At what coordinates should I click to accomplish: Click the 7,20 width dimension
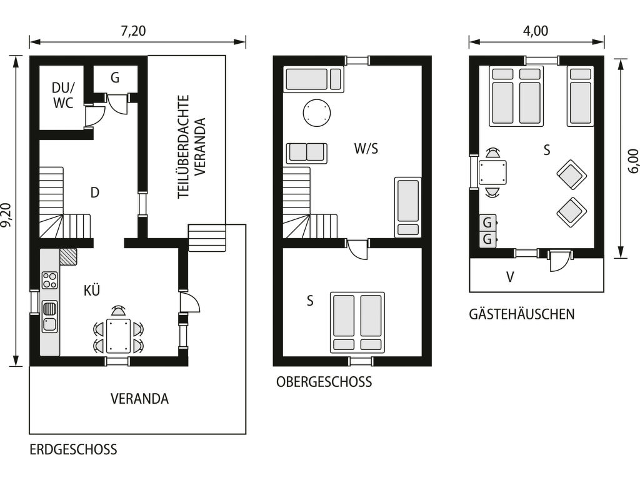pos(133,31)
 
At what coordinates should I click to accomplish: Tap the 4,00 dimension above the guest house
pos(536,31)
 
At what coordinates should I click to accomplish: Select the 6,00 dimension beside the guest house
pos(632,161)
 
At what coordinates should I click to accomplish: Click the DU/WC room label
pos(63,95)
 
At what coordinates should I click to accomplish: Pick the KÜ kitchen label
pos(91,290)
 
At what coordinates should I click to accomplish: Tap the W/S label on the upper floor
pos(366,149)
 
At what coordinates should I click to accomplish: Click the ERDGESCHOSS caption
pos(74,449)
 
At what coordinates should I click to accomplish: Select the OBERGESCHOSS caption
pos(324,382)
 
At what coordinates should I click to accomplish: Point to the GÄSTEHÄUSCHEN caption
pos(522,314)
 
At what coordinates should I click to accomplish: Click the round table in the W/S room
pos(317,113)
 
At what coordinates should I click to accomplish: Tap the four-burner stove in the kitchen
pos(50,281)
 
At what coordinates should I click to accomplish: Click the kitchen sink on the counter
pos(50,316)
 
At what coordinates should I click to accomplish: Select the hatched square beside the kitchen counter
pos(68,257)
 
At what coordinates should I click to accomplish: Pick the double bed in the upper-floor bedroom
pos(357,322)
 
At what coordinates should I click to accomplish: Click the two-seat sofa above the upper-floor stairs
pos(306,153)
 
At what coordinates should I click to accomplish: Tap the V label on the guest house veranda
pos(510,277)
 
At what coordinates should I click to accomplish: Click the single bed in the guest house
pos(580,96)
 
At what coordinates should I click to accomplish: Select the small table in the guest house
pos(492,172)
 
